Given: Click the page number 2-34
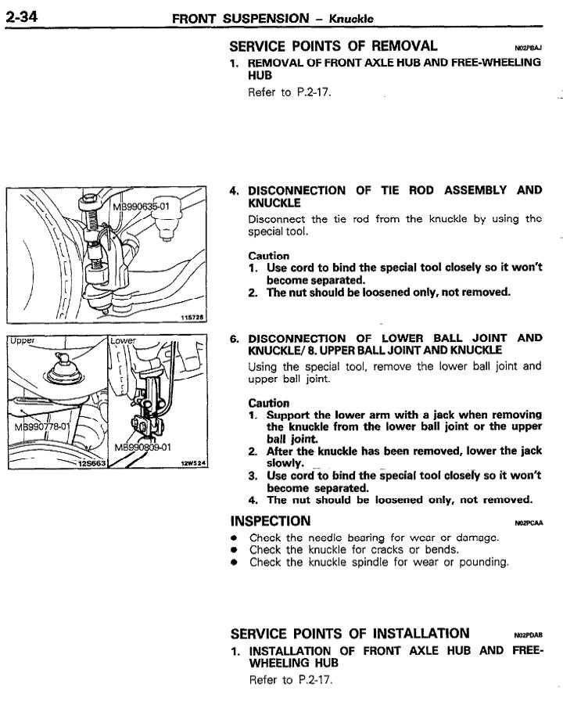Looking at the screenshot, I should coord(23,16).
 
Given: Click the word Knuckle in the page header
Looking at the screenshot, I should coord(351,18).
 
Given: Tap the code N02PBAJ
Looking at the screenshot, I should coord(529,48).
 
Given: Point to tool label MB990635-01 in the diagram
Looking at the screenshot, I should coord(146,207).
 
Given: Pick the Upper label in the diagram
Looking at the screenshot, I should coord(23,341).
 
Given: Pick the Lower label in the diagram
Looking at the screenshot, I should coord(124,341).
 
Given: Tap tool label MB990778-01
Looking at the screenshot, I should coord(42,427).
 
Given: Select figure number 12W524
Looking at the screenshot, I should coord(193,463).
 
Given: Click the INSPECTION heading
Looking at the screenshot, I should coord(271,521).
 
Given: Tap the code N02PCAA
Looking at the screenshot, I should coord(529,523).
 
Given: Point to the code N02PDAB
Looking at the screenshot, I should coord(529,635).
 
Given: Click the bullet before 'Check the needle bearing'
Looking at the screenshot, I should coord(235,538).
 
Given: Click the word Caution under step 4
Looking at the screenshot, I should coord(268,256).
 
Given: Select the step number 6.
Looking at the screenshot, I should coord(234,339).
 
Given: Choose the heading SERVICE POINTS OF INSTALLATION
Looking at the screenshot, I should coord(350,633).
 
